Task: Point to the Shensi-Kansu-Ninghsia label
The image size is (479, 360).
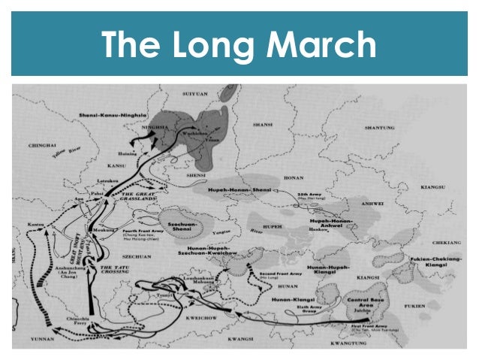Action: point(113,114)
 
